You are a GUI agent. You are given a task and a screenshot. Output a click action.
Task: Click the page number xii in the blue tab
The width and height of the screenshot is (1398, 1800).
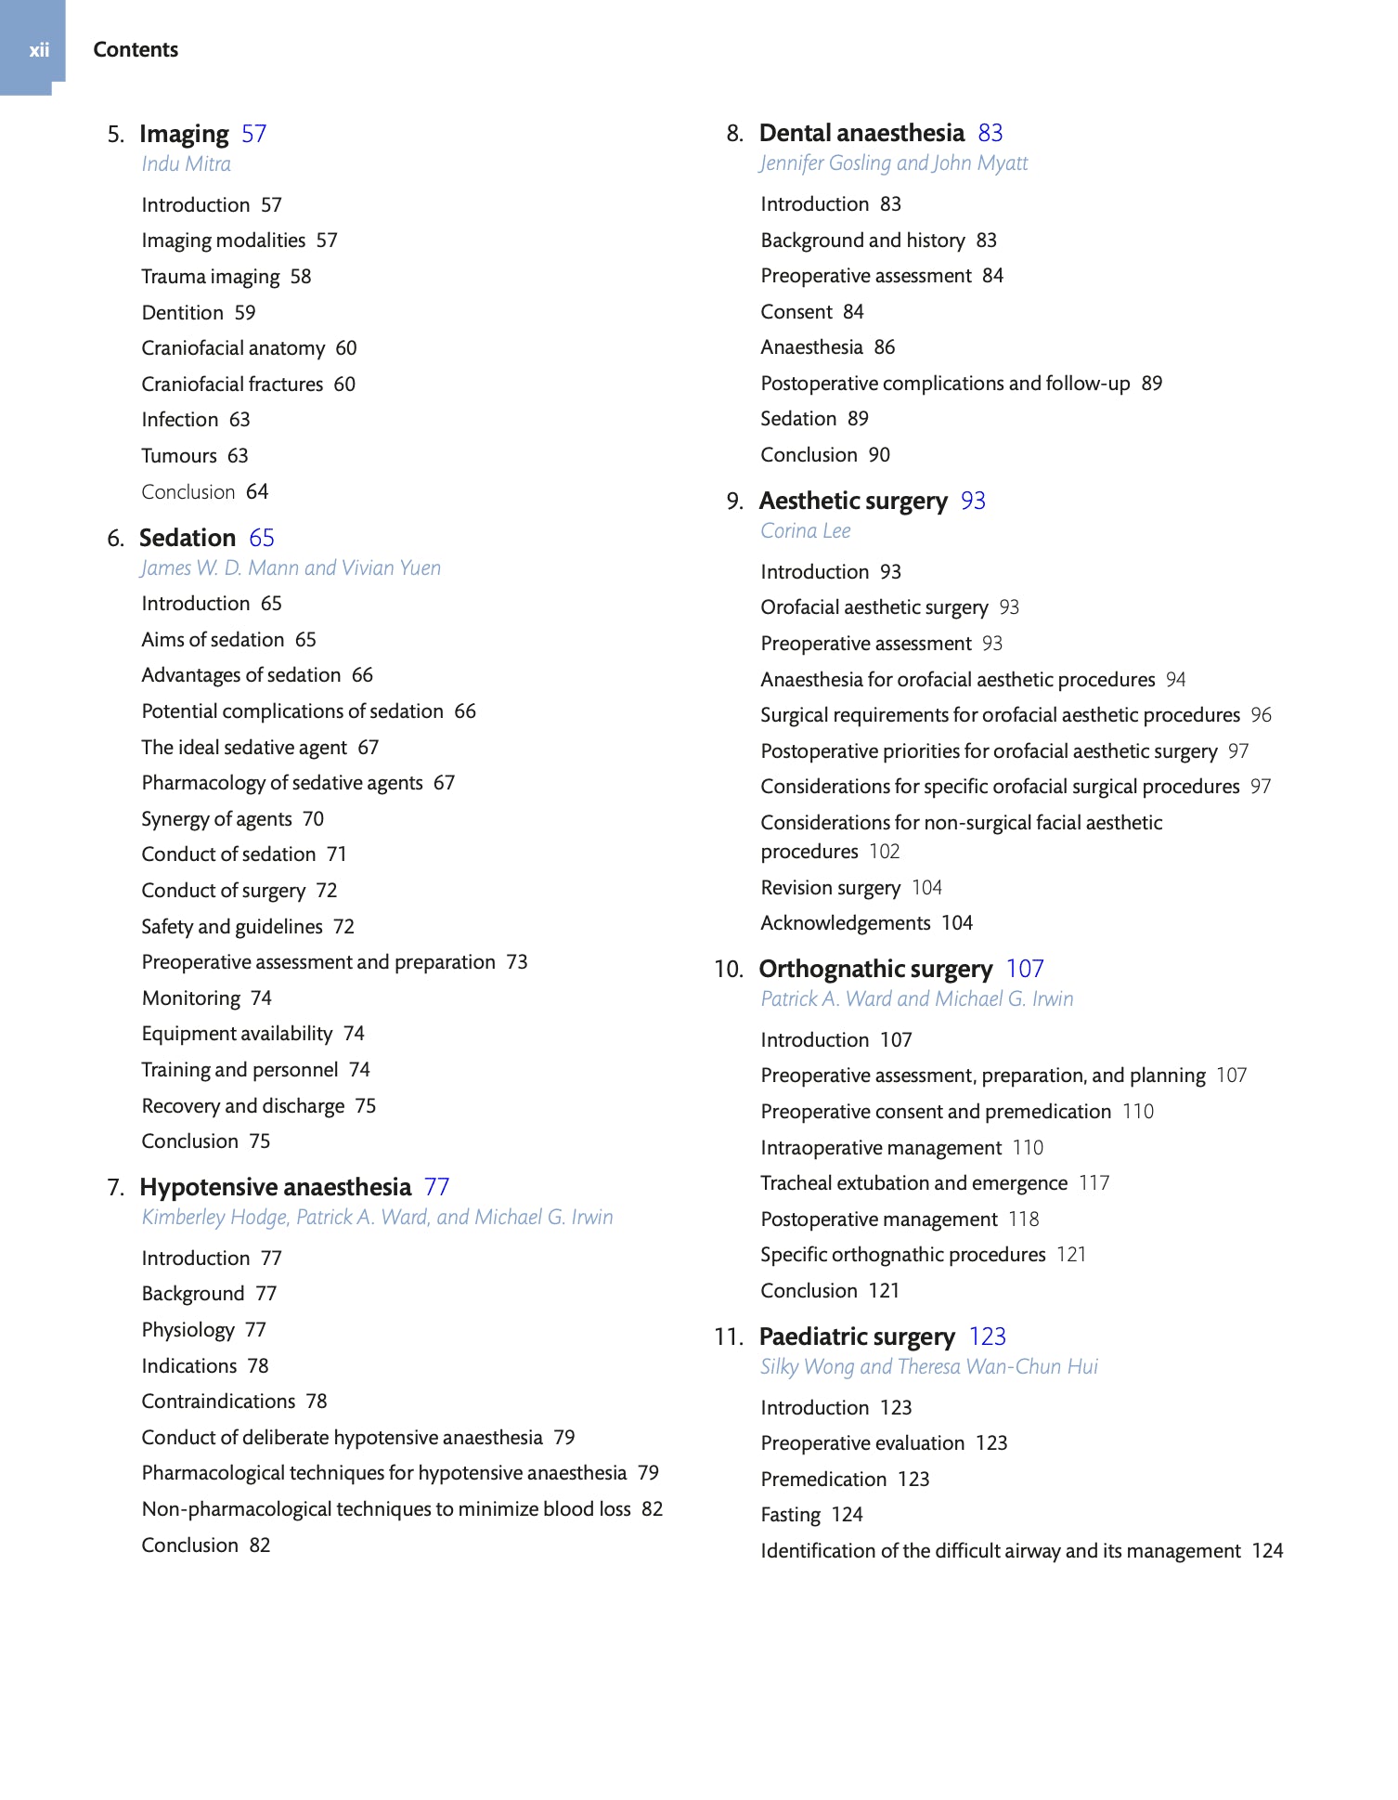click(38, 50)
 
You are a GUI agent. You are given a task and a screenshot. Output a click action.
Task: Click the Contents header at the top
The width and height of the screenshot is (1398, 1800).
click(136, 50)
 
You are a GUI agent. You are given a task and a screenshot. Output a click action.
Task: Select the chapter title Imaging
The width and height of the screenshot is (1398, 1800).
click(184, 135)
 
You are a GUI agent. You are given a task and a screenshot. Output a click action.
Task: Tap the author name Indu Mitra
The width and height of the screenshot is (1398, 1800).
click(186, 164)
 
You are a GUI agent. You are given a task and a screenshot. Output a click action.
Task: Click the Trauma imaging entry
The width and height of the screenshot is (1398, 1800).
click(211, 277)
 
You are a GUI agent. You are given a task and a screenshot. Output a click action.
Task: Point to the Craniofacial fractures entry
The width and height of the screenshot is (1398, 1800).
click(232, 385)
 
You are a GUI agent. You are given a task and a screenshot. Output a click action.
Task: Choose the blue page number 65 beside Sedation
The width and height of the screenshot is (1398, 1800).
click(262, 539)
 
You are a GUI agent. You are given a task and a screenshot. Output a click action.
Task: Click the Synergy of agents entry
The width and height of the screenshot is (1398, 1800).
click(216, 819)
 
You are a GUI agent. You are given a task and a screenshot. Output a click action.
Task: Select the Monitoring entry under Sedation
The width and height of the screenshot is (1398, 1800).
click(191, 998)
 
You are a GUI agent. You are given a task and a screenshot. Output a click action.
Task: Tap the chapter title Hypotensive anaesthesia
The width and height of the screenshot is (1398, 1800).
click(275, 1188)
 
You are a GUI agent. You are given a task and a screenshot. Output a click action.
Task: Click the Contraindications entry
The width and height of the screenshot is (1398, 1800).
click(218, 1402)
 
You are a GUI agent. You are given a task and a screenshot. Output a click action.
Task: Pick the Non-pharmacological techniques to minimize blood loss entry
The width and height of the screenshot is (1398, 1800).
click(386, 1509)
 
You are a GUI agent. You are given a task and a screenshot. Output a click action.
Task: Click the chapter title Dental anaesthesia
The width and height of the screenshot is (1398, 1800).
click(861, 134)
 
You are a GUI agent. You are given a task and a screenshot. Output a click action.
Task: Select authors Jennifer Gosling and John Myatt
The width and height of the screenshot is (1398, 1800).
click(894, 163)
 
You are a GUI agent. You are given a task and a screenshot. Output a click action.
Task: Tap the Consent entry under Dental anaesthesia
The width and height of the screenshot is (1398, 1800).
click(796, 312)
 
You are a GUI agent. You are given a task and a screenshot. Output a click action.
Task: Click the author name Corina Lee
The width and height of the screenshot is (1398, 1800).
click(806, 531)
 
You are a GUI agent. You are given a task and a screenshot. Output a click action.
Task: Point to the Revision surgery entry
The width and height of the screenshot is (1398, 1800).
click(831, 888)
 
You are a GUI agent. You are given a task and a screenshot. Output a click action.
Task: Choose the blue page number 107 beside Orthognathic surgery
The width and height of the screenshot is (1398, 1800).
click(1025, 970)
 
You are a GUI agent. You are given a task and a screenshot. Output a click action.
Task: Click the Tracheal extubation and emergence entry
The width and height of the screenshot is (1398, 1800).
click(914, 1183)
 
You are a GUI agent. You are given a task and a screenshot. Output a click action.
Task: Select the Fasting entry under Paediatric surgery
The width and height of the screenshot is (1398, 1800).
click(791, 1515)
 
